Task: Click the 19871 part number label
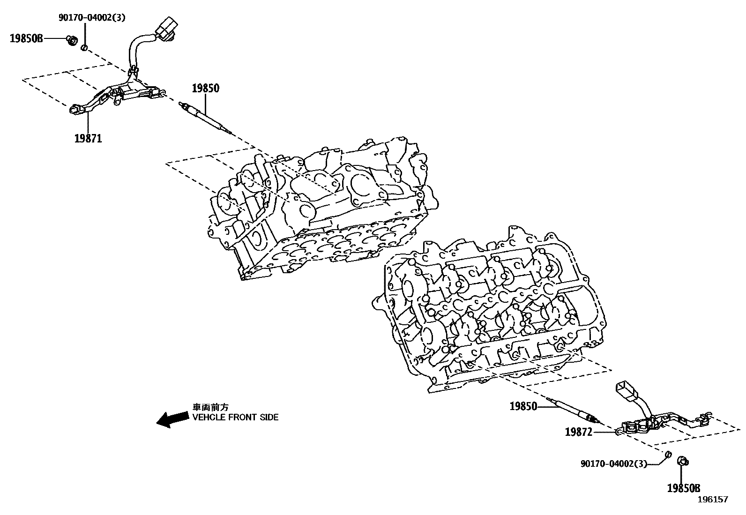click(x=88, y=138)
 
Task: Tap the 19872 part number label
click(x=578, y=432)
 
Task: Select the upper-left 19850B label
click(x=26, y=38)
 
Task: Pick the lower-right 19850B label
click(x=683, y=488)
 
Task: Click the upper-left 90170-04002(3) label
click(x=92, y=18)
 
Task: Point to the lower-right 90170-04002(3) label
click(x=613, y=463)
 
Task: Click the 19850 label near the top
click(x=205, y=88)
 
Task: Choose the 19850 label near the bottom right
click(x=523, y=406)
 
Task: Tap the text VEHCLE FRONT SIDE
click(x=235, y=417)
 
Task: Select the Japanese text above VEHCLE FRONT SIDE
click(x=211, y=407)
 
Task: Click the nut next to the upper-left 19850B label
click(x=72, y=41)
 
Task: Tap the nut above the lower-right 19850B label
click(x=683, y=462)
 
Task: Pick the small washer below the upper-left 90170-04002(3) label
click(x=84, y=48)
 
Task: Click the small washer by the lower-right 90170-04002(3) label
click(x=669, y=454)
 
